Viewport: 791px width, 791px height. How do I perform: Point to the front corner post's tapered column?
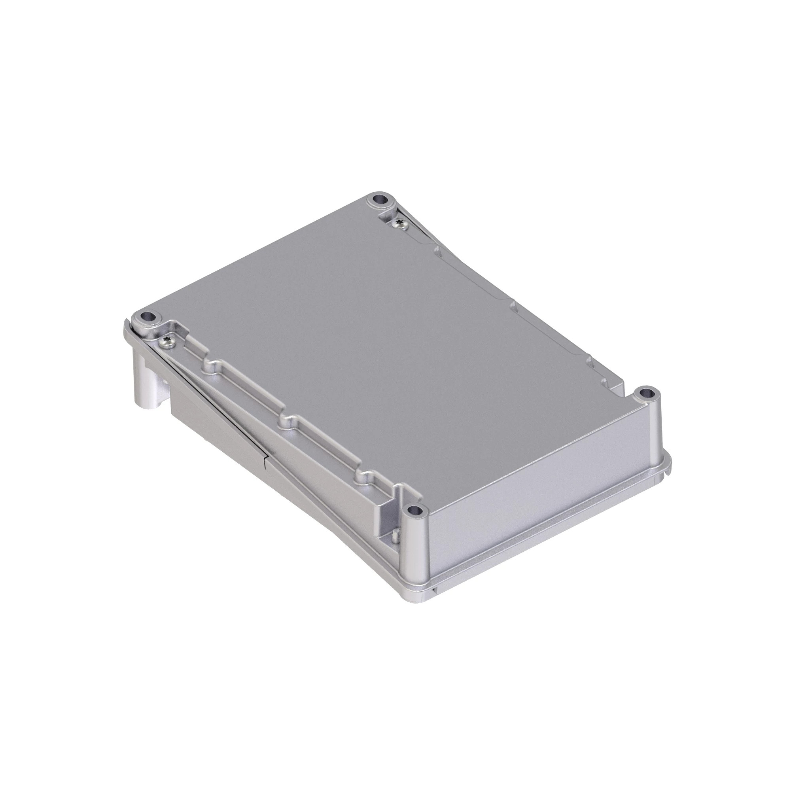coord(416,549)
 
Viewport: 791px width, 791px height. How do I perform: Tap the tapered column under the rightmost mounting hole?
coord(651,426)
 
